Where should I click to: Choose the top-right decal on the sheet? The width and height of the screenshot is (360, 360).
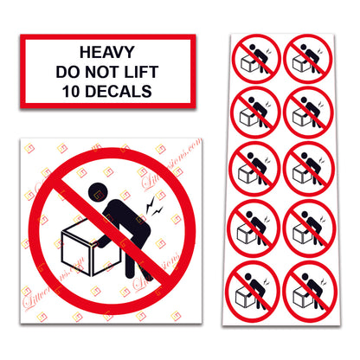[x=307, y=58]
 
